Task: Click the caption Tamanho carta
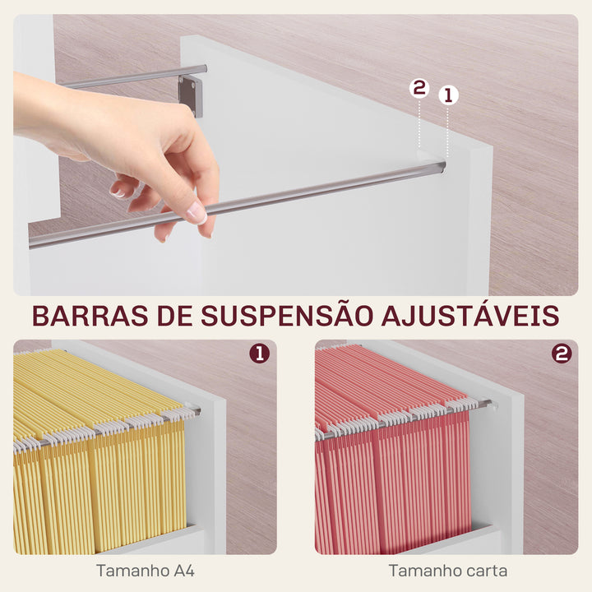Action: pos(448,570)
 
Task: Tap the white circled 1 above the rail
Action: pos(448,95)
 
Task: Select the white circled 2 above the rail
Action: pos(419,89)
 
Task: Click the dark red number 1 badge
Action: pos(259,354)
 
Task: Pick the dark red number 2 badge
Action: pos(562,354)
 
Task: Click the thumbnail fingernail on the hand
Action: pos(197,213)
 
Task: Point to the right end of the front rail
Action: pos(439,167)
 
